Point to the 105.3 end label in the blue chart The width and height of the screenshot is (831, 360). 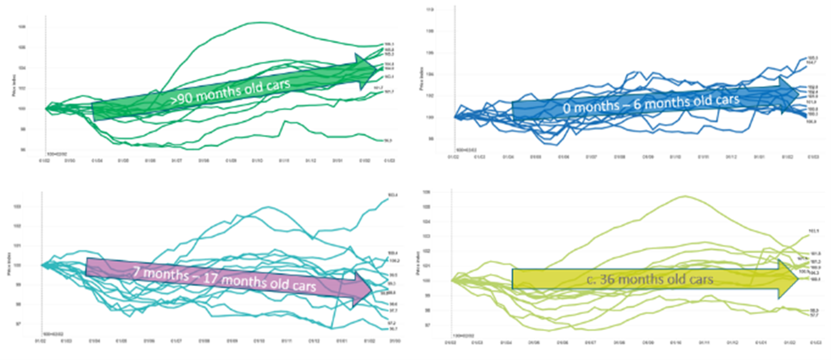813,57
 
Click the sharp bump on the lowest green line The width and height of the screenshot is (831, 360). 286,121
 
